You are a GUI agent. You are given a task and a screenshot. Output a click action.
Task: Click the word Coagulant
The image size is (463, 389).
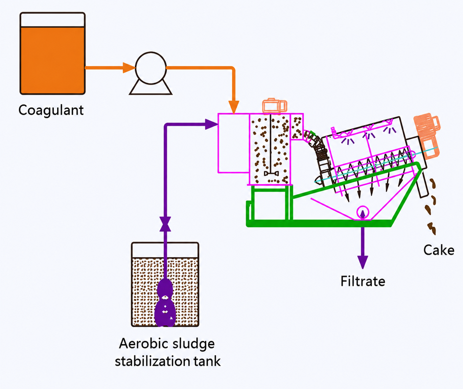51,110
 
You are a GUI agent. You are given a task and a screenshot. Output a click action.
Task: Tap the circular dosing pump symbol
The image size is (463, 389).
151,68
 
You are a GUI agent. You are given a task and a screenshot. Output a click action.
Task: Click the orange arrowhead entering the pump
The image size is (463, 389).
129,68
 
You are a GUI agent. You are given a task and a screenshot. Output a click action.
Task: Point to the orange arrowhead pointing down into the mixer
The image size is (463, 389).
234,106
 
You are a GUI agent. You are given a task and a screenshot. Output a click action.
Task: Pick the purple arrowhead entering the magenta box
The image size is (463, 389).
211,124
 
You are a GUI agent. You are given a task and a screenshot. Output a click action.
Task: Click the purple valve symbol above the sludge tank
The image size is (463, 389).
165,224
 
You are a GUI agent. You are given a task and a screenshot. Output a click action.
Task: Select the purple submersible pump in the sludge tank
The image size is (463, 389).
165,303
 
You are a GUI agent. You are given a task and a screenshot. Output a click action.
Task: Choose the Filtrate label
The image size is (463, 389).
363,281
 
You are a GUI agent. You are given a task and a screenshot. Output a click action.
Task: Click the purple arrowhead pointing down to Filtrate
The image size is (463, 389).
363,262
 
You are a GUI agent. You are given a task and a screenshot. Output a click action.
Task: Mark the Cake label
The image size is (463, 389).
439,250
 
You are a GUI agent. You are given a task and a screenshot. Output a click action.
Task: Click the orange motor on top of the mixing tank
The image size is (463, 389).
274,106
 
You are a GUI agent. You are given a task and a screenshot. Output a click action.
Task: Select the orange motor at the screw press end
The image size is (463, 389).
427,135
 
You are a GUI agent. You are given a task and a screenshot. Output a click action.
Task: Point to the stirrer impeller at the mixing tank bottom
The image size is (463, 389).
271,174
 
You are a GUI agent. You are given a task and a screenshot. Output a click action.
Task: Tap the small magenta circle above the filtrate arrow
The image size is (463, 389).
363,212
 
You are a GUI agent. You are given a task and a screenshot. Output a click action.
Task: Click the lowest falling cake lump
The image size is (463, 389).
432,228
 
